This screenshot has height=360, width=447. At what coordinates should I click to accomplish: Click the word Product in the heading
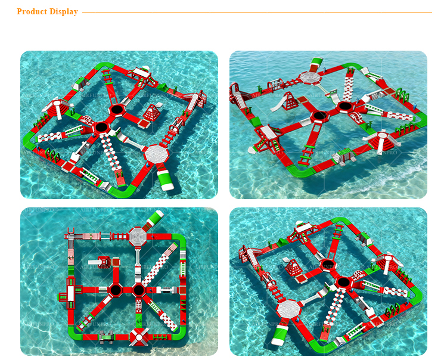point(31,12)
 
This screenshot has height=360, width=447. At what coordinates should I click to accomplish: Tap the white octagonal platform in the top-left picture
point(157,153)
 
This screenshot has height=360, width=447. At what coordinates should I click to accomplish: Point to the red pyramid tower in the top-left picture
point(153,112)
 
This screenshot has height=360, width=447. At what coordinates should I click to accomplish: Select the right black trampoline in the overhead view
point(139,291)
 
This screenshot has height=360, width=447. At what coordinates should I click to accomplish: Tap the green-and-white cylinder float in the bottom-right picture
point(278,334)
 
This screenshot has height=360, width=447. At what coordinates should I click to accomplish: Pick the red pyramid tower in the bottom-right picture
point(294,268)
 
